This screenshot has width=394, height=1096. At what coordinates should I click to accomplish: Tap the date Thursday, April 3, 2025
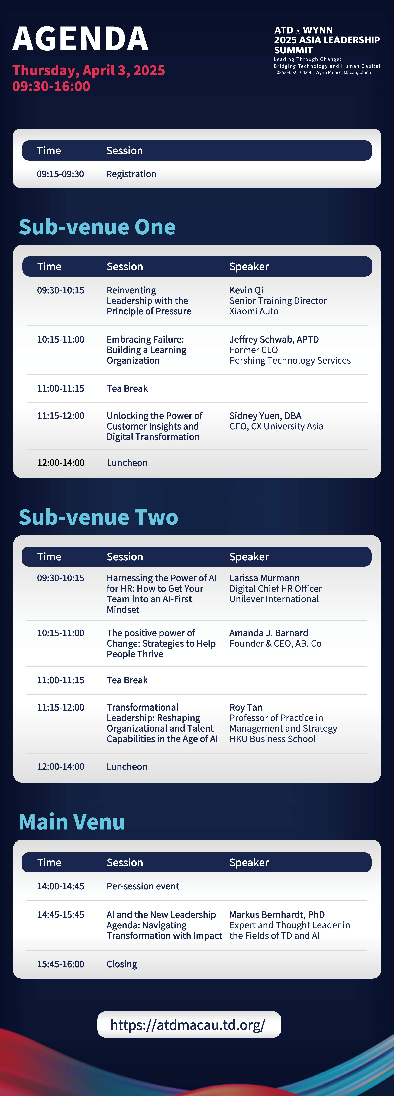(x=89, y=70)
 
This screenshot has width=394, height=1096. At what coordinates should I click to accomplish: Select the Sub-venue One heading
(x=97, y=227)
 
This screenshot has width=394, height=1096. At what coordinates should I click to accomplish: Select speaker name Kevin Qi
(x=246, y=290)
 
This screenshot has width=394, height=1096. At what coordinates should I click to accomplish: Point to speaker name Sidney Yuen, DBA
(x=266, y=416)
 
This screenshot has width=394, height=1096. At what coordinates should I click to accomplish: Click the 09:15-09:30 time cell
(x=60, y=174)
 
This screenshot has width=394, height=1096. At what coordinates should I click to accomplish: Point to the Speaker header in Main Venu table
(x=249, y=862)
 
